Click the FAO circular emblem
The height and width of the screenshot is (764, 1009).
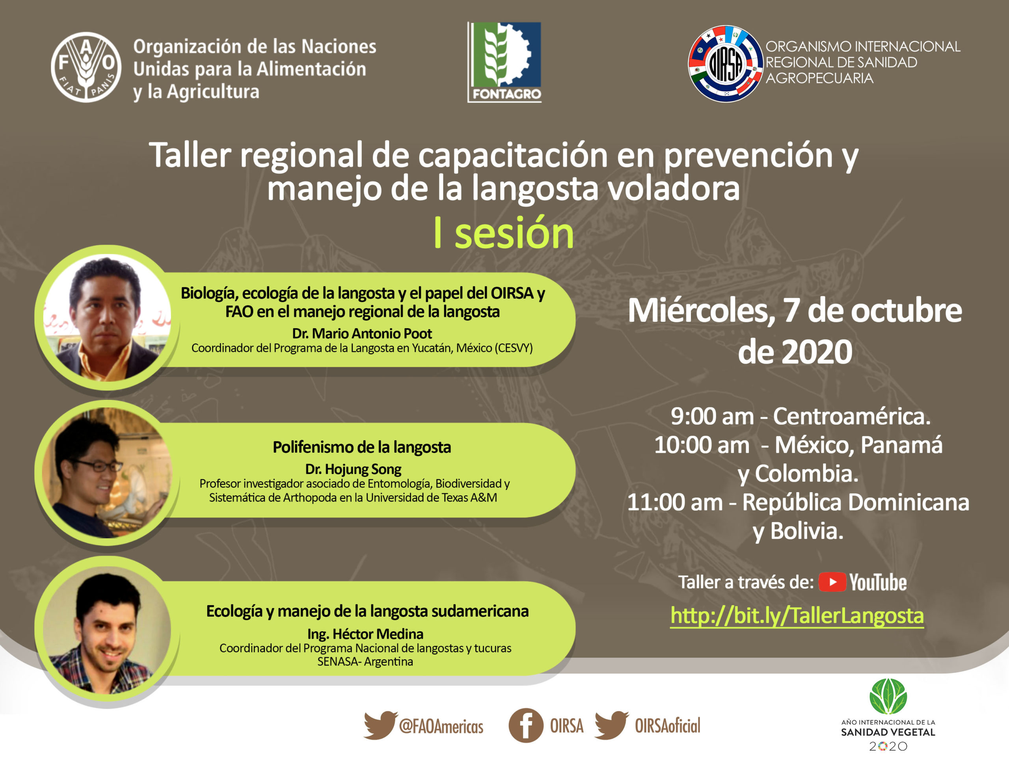click(x=86, y=67)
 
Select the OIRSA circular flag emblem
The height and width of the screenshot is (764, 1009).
click(x=725, y=64)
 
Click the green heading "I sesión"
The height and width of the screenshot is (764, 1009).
click(x=504, y=233)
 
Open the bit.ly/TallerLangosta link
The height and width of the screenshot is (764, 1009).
click(x=797, y=616)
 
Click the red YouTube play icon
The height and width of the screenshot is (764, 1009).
click(x=832, y=582)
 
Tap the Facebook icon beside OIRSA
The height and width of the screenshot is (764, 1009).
click(x=525, y=725)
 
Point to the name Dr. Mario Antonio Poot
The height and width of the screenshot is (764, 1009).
click(x=362, y=333)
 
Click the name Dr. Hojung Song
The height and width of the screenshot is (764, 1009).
click(x=353, y=469)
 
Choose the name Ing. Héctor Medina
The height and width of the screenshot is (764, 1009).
click(x=365, y=634)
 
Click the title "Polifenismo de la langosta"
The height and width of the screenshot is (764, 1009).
click(x=362, y=447)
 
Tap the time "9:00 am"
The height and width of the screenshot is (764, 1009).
click(x=712, y=416)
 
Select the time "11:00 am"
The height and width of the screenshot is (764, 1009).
click(x=675, y=502)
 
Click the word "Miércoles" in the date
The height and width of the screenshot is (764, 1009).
click(x=701, y=311)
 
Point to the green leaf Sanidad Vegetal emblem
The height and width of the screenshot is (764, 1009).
click(x=888, y=696)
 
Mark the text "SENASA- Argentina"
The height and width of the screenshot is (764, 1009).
click(x=365, y=662)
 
